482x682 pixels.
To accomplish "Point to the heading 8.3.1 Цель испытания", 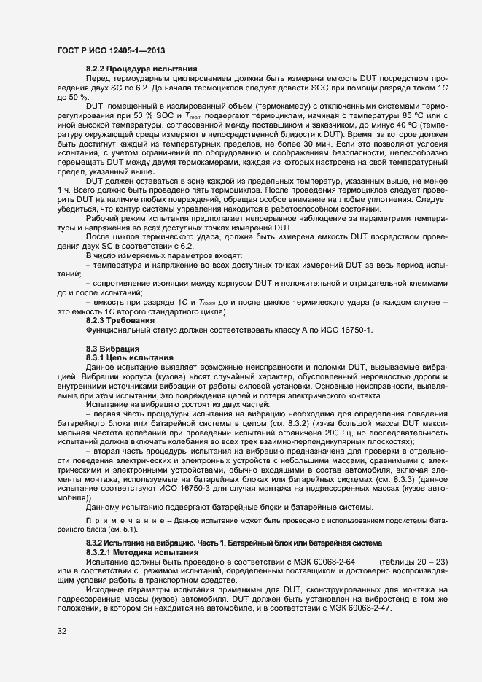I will coord(129,357).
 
